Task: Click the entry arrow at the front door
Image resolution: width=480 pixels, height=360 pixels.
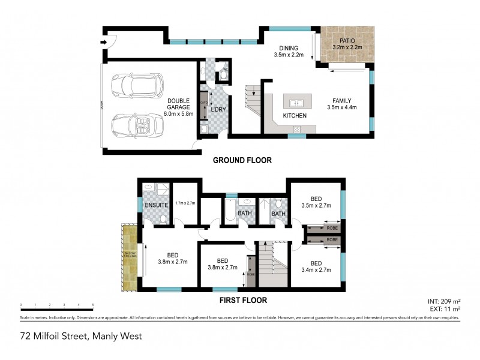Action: pyautogui.click(x=103, y=42)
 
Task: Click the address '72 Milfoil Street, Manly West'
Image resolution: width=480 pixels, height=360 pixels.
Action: pyautogui.click(x=81, y=337)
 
